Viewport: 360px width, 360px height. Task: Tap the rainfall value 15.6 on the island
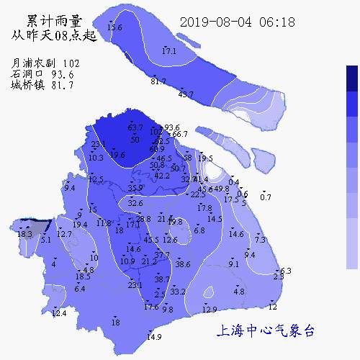(x=114, y=27)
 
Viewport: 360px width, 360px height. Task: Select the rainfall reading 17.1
(x=169, y=52)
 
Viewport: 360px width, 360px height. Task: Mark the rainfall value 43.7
(x=186, y=94)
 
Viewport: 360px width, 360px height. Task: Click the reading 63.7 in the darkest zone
(x=135, y=127)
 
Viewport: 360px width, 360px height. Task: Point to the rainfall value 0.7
(x=266, y=197)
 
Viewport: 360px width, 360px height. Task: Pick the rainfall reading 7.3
(x=260, y=240)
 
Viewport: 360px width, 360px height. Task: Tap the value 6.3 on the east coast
(x=285, y=271)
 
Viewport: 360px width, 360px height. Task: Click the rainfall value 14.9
(x=154, y=337)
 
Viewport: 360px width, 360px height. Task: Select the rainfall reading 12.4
(x=59, y=313)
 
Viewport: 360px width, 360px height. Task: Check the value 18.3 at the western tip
(x=24, y=234)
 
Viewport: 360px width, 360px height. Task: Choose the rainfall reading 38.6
(x=183, y=264)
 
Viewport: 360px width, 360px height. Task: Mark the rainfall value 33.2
(x=178, y=292)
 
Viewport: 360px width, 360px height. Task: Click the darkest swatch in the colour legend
(x=352, y=78)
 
